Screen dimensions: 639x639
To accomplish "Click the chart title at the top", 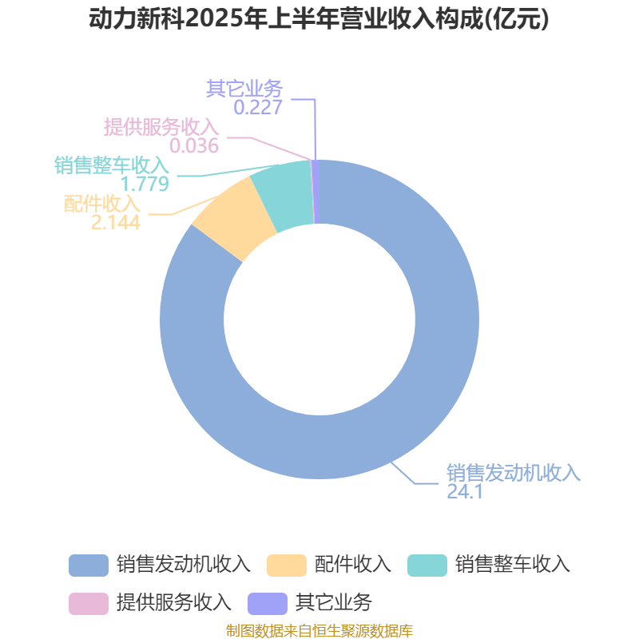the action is pyautogui.click(x=319, y=18).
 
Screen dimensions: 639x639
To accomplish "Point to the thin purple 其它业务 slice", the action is pyautogui.click(x=316, y=192).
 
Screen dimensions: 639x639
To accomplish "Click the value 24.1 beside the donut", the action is pyautogui.click(x=465, y=491).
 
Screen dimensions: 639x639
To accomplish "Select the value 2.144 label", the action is pyautogui.click(x=116, y=223).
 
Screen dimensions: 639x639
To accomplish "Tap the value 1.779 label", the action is pyautogui.click(x=145, y=184).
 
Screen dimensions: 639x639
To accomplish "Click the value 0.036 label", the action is pyautogui.click(x=194, y=146).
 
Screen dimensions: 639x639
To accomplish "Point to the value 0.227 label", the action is pyautogui.click(x=258, y=107).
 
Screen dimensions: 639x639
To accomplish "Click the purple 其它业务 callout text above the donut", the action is pyautogui.click(x=244, y=88).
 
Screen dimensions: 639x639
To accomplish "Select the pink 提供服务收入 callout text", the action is pyautogui.click(x=161, y=127).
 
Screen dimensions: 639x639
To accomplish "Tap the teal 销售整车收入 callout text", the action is pyautogui.click(x=112, y=165).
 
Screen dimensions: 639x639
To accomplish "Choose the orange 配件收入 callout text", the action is pyautogui.click(x=102, y=204).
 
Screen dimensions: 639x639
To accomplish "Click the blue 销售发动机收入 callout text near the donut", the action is pyautogui.click(x=514, y=473).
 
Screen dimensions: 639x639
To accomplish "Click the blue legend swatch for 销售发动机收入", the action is pyautogui.click(x=89, y=566).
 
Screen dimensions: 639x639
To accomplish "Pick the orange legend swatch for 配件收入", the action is pyautogui.click(x=287, y=566).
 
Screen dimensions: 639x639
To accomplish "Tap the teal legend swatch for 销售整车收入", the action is pyautogui.click(x=427, y=566).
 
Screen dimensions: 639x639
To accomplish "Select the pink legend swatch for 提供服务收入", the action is pyautogui.click(x=89, y=604).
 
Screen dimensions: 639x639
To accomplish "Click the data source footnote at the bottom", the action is pyautogui.click(x=319, y=630).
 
